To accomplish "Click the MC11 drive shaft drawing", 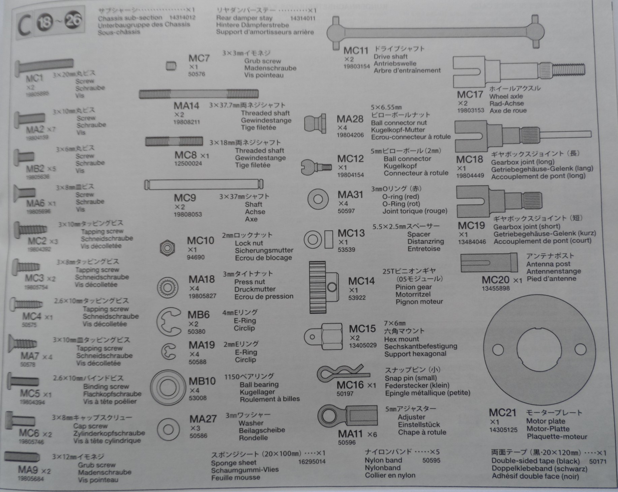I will point(435,33).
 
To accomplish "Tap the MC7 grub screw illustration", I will point(171,66).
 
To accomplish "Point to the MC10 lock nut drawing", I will point(167,249).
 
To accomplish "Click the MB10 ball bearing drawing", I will point(168,388).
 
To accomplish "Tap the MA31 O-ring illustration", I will point(318,199).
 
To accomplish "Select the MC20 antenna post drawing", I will point(489,263).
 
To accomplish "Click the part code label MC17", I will point(470,95).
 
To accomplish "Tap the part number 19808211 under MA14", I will point(187,122).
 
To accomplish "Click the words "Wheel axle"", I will point(506,96).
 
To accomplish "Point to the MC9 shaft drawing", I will point(204,185).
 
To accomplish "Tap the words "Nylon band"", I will point(383,460).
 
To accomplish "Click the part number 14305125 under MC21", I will point(503,430).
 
